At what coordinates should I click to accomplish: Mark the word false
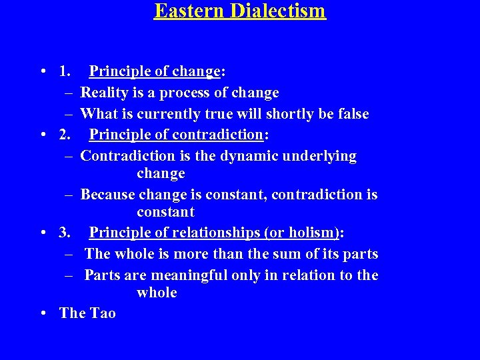351,114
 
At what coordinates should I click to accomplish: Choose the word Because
107,195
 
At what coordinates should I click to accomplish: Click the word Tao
102,313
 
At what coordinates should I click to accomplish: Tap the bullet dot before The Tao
43,313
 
